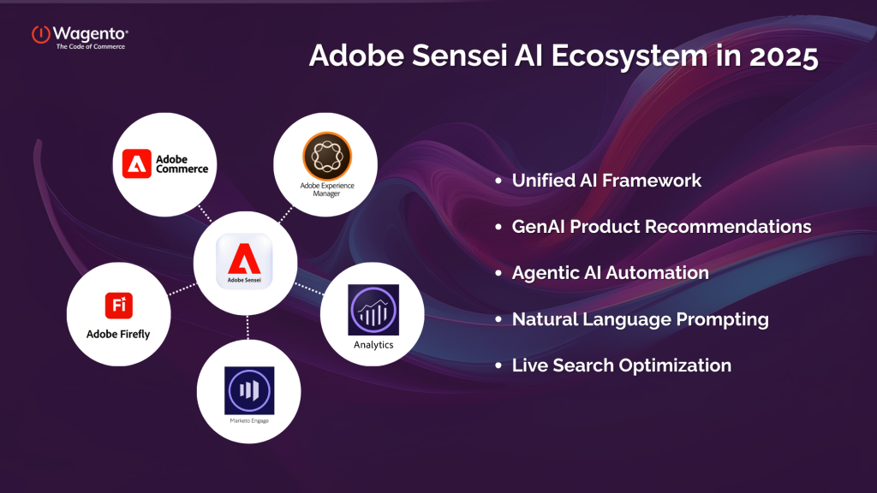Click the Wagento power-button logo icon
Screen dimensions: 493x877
pyautogui.click(x=41, y=34)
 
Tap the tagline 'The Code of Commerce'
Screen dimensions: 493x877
pyautogui.click(x=90, y=46)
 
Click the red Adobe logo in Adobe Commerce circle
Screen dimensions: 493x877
pyautogui.click(x=136, y=163)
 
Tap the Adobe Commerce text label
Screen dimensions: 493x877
pyautogui.click(x=182, y=163)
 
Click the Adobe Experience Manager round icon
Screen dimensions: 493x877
pyautogui.click(x=326, y=154)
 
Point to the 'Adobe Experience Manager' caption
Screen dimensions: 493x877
pyautogui.click(x=326, y=189)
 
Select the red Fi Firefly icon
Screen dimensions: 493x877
pyautogui.click(x=118, y=306)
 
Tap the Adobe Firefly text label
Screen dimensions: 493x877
pyautogui.click(x=118, y=334)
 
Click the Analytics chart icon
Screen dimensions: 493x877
pyautogui.click(x=373, y=308)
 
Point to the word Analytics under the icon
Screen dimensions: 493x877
pyautogui.click(x=373, y=345)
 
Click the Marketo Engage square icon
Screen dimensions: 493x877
pyautogui.click(x=248, y=391)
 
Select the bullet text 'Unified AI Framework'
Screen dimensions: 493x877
pyautogui.click(x=606, y=181)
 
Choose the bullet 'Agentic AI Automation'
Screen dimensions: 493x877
pyautogui.click(x=610, y=273)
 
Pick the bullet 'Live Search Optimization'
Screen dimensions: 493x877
pyautogui.click(x=621, y=365)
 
